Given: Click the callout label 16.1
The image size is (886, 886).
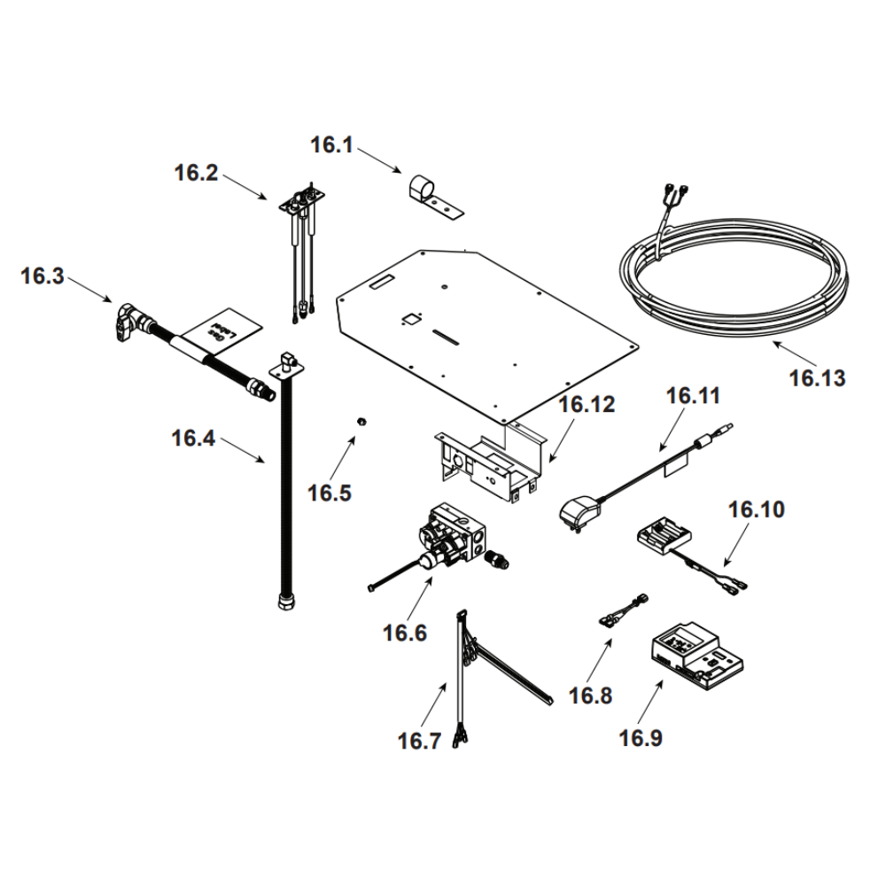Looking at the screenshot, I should tap(331, 145).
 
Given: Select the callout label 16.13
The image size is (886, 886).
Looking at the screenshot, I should tap(817, 378).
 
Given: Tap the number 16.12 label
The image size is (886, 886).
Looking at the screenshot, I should tap(587, 405).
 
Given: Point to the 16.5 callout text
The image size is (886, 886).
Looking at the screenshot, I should tap(330, 493).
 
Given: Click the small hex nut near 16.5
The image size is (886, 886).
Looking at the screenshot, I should tap(361, 419).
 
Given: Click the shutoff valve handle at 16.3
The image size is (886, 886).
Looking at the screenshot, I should tap(124, 320).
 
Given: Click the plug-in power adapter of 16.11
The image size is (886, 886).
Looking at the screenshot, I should tap(577, 513).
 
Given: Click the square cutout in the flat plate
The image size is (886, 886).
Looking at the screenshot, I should tap(410, 320).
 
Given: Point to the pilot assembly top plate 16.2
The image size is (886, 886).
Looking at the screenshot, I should tap(299, 205).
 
